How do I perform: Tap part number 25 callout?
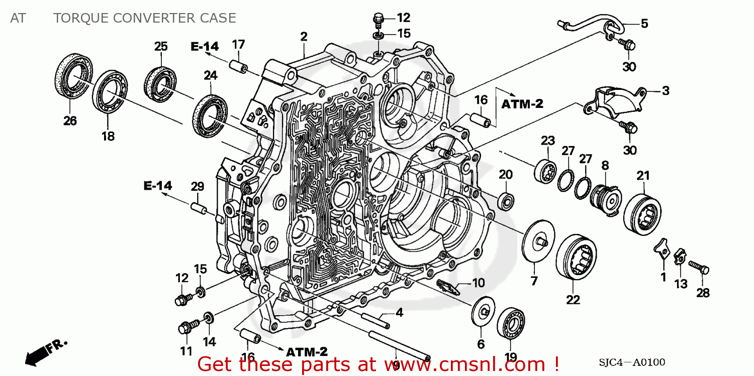161,47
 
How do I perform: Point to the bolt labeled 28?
698,266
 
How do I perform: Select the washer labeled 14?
208,318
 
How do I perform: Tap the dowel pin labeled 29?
198,207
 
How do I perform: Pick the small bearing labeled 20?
505,200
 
